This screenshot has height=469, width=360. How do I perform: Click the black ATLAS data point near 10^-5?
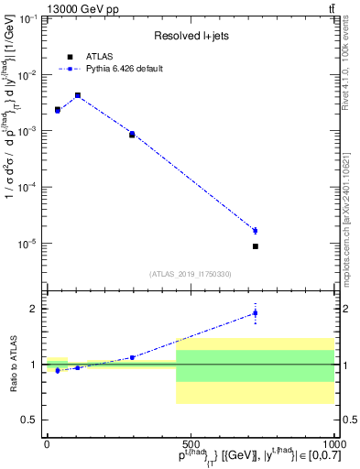(x=256, y=246)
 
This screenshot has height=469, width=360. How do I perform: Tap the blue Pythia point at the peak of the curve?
(x=78, y=94)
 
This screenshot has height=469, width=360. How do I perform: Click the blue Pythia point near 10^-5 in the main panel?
(x=256, y=230)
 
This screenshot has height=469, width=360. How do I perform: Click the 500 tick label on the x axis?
(x=191, y=443)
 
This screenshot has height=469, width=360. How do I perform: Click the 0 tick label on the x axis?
(x=47, y=443)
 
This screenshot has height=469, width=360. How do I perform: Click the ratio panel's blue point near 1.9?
(x=256, y=313)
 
